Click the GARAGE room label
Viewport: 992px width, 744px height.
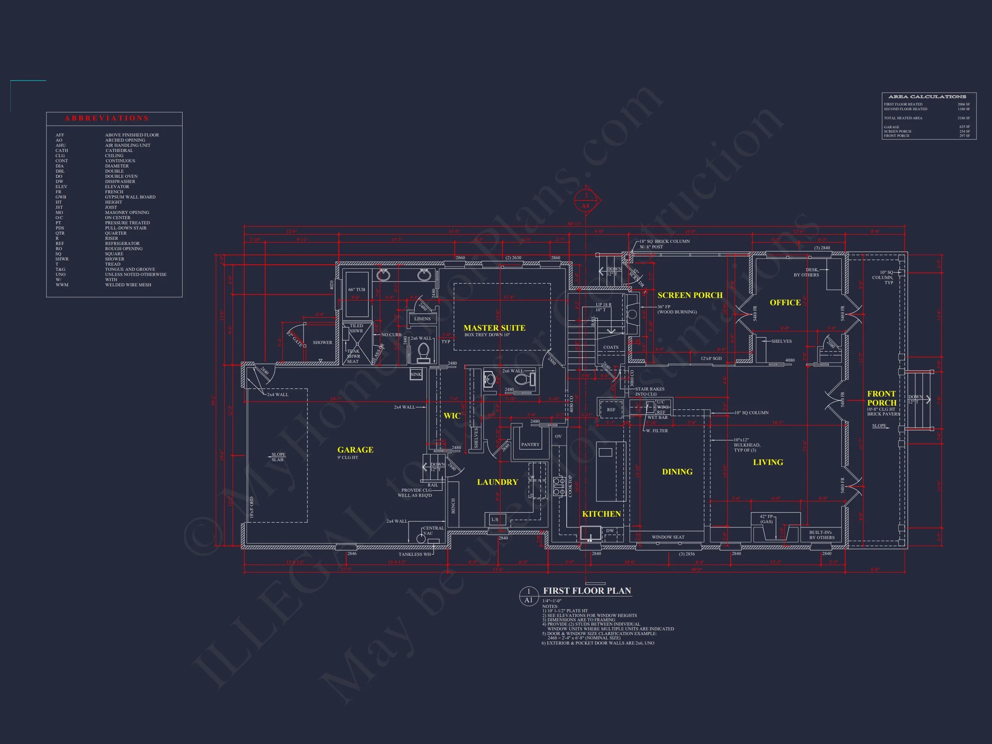(355, 450)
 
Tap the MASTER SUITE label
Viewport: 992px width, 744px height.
(494, 328)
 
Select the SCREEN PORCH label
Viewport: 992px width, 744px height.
(690, 295)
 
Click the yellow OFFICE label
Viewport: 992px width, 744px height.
(785, 303)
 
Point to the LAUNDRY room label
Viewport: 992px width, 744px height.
(497, 482)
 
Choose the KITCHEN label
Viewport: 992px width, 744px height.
(601, 514)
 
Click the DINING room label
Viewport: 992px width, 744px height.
(677, 472)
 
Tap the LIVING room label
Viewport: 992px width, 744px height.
(768, 462)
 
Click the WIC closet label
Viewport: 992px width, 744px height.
(452, 416)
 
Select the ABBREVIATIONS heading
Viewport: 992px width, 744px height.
(106, 118)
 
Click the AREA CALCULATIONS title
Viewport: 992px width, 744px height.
(927, 97)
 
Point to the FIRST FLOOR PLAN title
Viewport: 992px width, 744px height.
(586, 591)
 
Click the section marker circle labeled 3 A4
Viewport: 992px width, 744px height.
(585, 201)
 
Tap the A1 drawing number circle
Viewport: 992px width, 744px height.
(528, 596)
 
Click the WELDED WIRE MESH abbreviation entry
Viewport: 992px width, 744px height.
(128, 285)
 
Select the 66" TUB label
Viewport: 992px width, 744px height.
(356, 290)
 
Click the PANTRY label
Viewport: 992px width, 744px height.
(530, 444)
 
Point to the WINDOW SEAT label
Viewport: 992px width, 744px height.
(668, 537)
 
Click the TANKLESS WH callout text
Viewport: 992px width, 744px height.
(414, 554)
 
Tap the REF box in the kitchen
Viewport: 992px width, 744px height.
(611, 409)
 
